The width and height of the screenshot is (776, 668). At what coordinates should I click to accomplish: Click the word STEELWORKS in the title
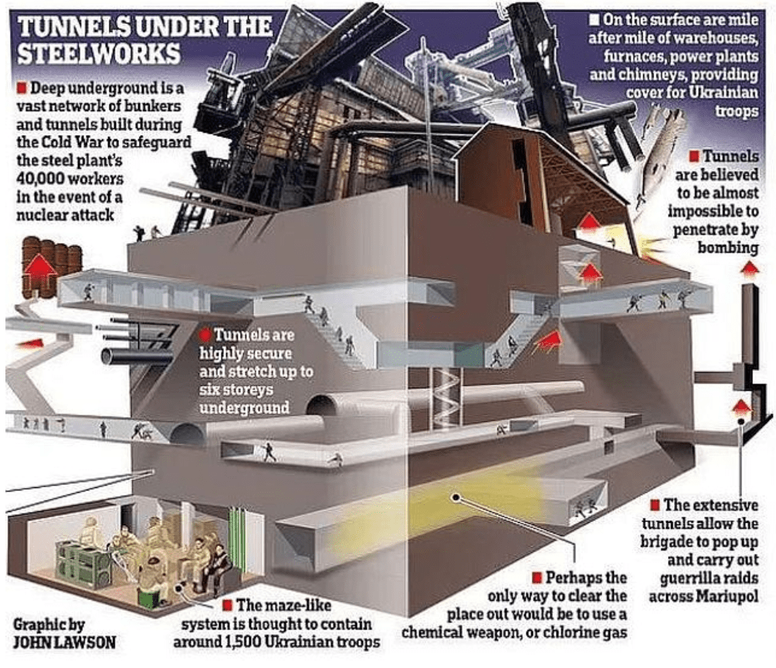point(99,54)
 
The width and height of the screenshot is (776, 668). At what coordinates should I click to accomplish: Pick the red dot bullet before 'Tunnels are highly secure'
point(205,336)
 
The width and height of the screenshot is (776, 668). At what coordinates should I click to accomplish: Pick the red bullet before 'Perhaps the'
point(538,577)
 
